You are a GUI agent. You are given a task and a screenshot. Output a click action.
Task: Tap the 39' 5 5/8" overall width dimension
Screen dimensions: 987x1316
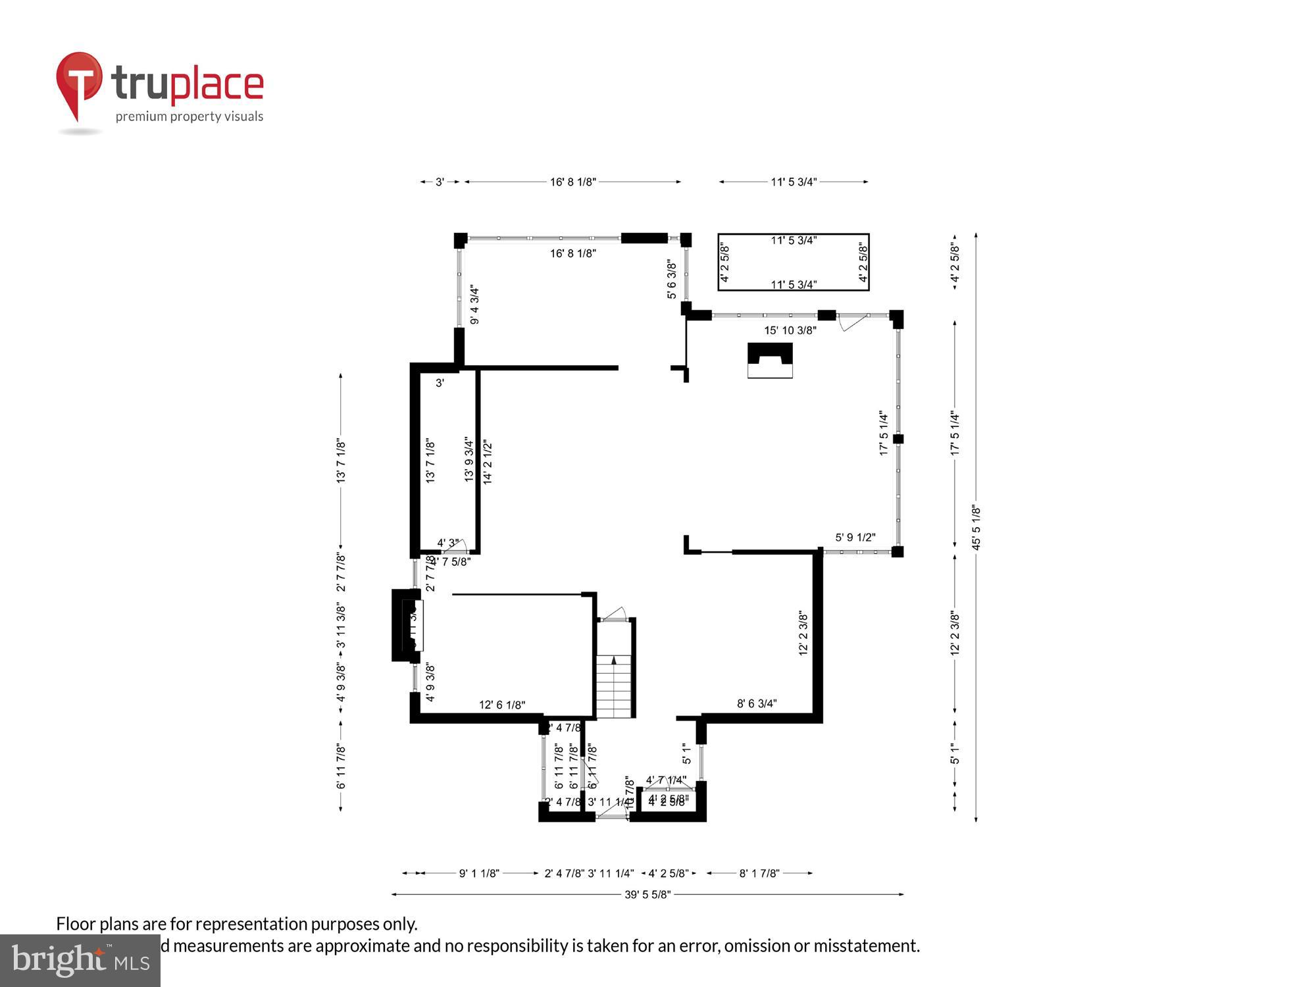[647, 894]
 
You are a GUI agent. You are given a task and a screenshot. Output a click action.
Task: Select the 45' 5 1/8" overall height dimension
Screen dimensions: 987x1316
[976, 527]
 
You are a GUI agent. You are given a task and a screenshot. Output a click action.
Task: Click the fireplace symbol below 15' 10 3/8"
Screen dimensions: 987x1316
[770, 360]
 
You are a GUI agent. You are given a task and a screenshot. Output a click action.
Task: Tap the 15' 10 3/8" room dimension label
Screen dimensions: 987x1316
[790, 330]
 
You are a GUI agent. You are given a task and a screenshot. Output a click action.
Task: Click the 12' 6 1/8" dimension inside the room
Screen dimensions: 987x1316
[502, 705]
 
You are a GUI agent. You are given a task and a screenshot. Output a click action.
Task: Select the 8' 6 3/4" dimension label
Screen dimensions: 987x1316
[757, 703]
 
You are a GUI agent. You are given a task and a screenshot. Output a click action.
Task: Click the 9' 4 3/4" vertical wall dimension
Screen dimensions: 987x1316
[474, 305]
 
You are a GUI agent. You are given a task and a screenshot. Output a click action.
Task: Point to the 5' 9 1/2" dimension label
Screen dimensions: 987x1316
[855, 538]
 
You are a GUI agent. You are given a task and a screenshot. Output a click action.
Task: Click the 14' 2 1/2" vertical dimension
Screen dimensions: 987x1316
[488, 463]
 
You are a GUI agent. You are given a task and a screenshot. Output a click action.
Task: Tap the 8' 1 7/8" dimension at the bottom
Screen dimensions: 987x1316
[759, 873]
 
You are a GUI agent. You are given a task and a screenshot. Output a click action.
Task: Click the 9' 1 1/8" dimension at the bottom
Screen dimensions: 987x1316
[479, 873]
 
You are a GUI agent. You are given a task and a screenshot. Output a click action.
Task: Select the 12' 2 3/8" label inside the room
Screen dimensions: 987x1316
[803, 633]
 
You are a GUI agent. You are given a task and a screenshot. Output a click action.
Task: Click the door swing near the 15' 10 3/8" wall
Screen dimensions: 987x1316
[851, 323]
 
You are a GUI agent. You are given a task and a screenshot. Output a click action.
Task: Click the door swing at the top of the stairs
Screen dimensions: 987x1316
[615, 614]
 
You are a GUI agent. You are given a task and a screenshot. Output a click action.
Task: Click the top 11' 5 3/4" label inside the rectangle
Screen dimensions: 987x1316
[794, 241]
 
